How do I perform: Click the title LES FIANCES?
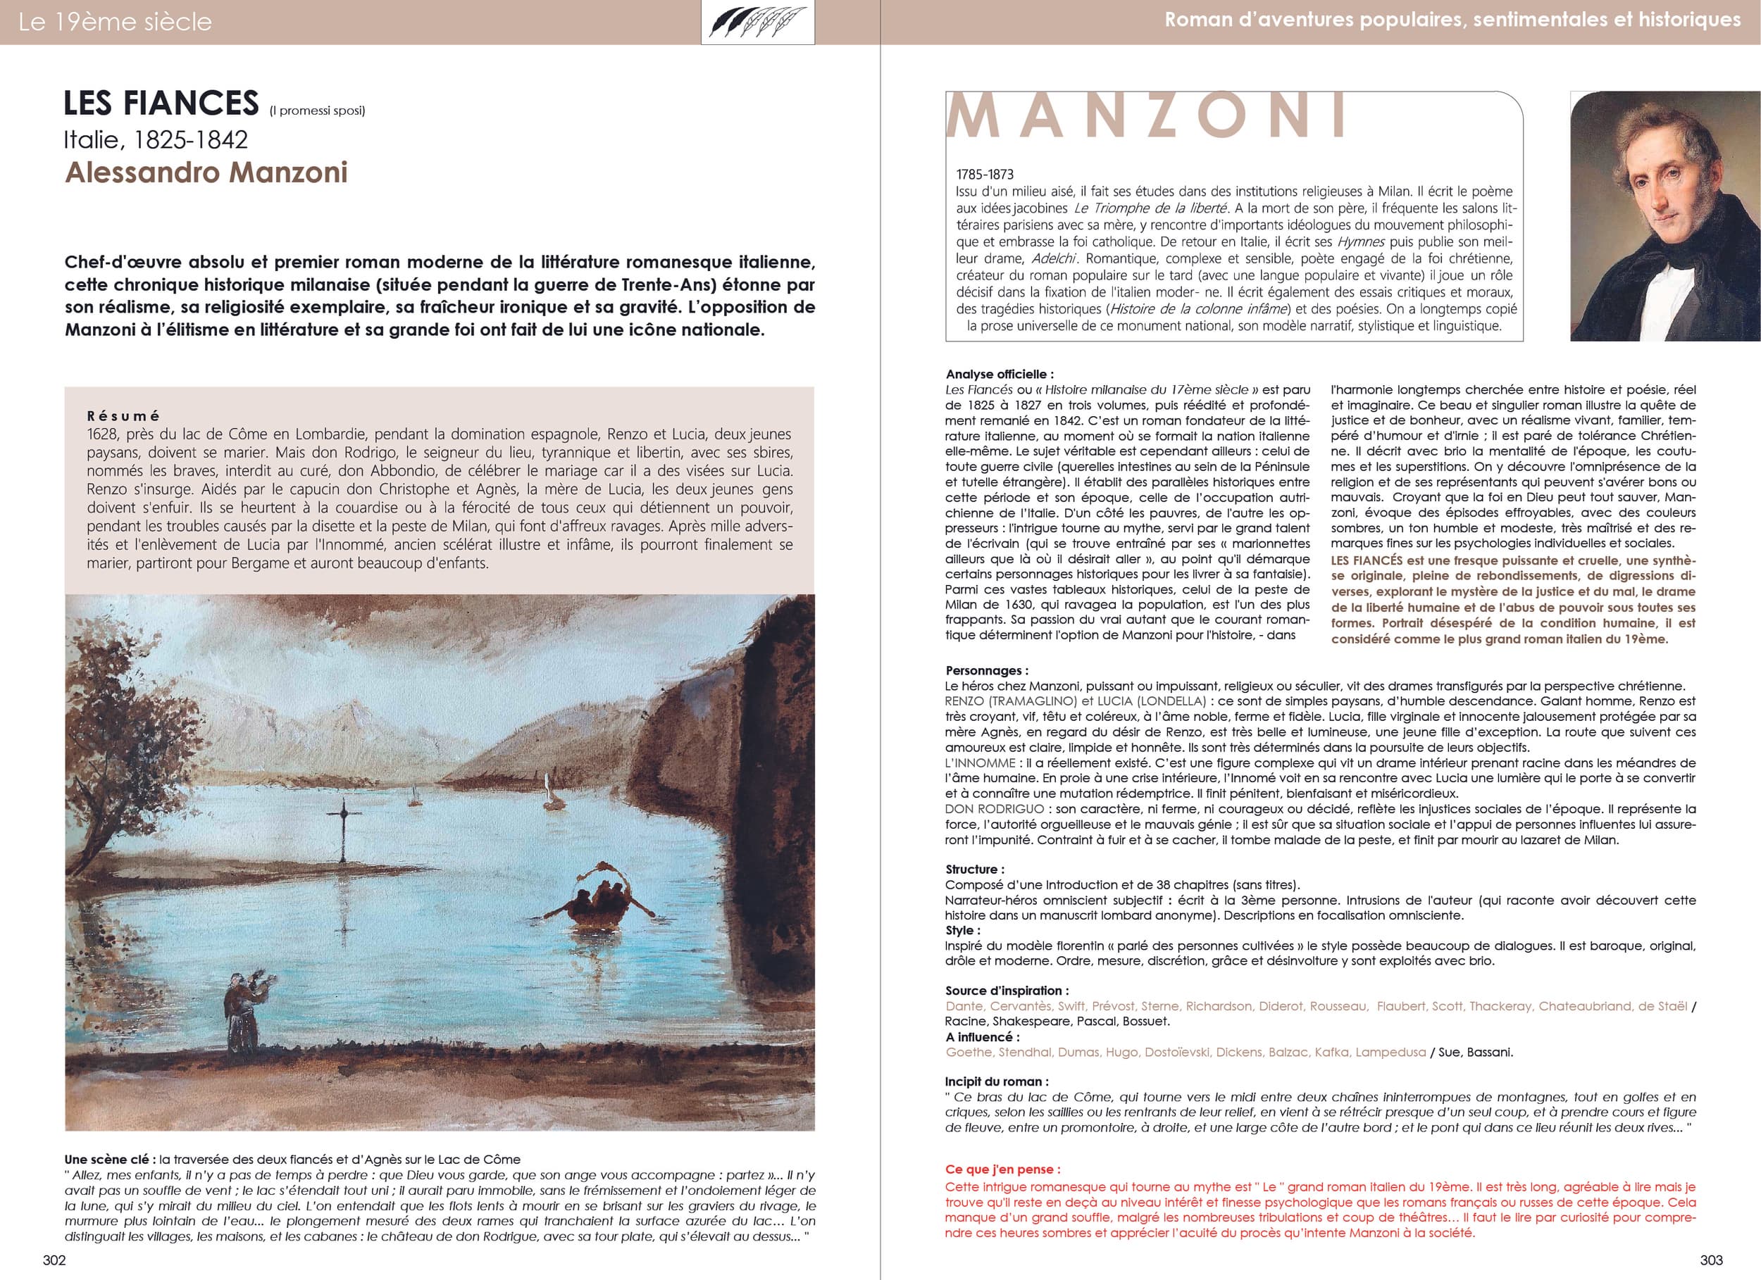(161, 103)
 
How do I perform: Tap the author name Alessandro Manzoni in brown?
(206, 172)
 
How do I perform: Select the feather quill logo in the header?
(757, 22)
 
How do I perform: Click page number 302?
(54, 1260)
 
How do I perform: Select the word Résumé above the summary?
(123, 416)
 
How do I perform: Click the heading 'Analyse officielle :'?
(1000, 374)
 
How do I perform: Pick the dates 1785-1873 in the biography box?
(985, 175)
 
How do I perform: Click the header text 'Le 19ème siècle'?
(115, 22)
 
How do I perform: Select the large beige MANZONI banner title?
(1147, 116)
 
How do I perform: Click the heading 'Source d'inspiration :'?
(1007, 991)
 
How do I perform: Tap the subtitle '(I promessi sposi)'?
(317, 111)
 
